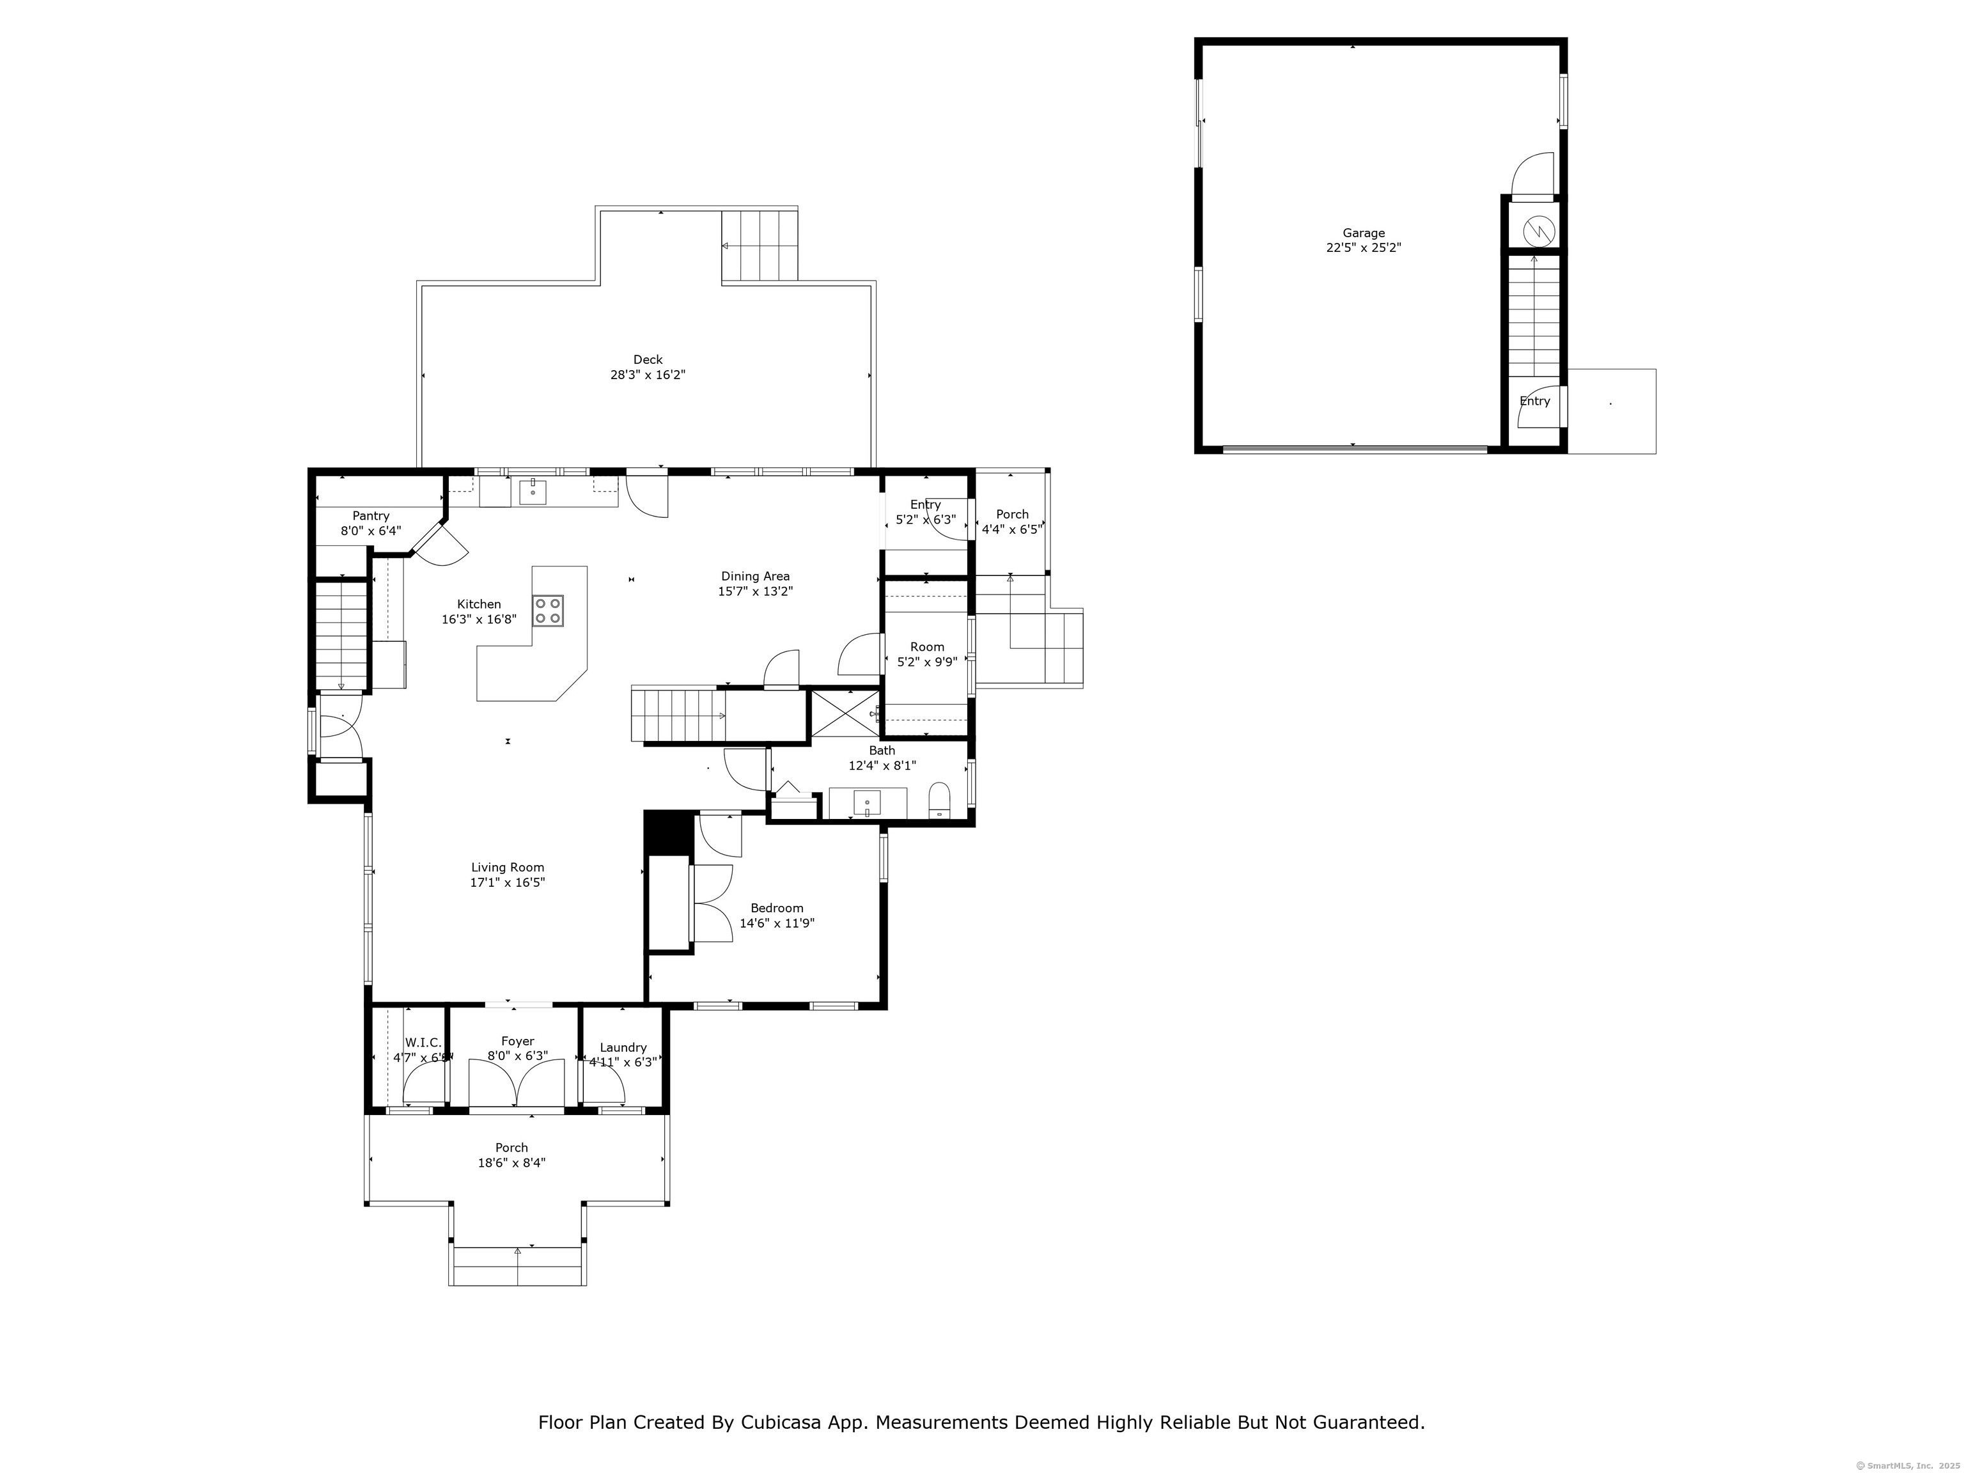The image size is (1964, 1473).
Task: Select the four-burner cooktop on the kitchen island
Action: point(548,611)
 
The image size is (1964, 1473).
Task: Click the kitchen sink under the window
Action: point(532,491)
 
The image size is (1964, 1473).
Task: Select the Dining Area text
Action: point(754,576)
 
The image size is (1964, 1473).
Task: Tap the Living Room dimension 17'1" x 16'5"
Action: point(507,882)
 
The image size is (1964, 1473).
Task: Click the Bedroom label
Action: point(777,907)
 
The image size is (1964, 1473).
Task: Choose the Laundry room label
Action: point(623,1048)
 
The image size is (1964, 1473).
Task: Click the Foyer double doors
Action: point(516,1085)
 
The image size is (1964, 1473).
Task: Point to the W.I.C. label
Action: point(423,1042)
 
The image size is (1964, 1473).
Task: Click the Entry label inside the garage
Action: point(1534,401)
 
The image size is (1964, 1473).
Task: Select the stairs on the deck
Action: point(759,246)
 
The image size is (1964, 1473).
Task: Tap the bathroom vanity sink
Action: point(866,802)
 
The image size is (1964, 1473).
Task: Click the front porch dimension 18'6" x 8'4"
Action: point(511,1163)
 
